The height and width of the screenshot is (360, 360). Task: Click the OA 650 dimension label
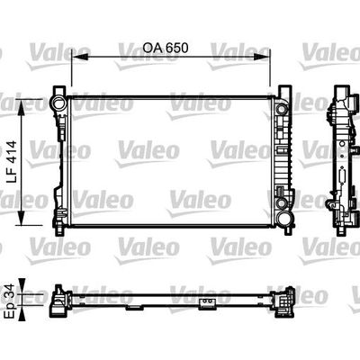coord(166,48)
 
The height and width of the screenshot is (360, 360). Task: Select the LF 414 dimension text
coord(13,162)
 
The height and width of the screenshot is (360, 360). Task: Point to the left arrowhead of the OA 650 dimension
coord(81,56)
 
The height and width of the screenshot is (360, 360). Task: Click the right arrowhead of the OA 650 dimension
coord(261,56)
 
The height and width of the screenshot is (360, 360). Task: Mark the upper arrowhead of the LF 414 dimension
coord(22,108)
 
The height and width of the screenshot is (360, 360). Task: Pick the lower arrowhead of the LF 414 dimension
coord(22,216)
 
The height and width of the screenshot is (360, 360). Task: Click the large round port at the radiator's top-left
coord(58,103)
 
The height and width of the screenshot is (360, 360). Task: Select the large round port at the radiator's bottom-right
coord(283,220)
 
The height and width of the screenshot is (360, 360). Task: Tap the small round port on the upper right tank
coord(282,109)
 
